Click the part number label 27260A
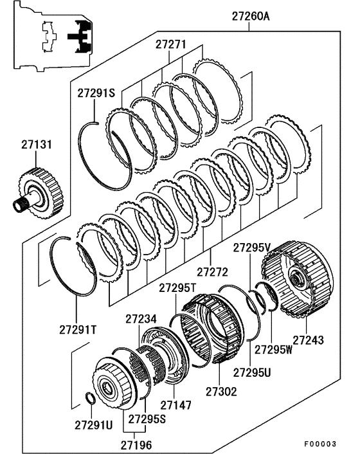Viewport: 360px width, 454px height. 251,16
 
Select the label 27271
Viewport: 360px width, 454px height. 171,44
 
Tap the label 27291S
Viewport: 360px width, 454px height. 96,93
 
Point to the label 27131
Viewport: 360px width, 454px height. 37,145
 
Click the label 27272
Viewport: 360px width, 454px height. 212,272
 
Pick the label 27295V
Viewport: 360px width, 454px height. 252,248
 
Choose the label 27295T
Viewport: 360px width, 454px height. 177,288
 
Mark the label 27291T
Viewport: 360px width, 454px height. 78,330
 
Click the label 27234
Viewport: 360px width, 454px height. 141,319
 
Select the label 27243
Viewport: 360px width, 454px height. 308,340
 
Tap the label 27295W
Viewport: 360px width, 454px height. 273,349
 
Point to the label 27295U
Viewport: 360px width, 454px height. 252,372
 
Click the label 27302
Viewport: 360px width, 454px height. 221,392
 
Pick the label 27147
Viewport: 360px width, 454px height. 176,405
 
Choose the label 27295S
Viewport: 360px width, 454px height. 147,419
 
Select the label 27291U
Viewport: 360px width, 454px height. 94,425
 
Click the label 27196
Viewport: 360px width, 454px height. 136,445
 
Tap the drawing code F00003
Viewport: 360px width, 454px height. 320,444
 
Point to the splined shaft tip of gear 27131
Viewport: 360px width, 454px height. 18,206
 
